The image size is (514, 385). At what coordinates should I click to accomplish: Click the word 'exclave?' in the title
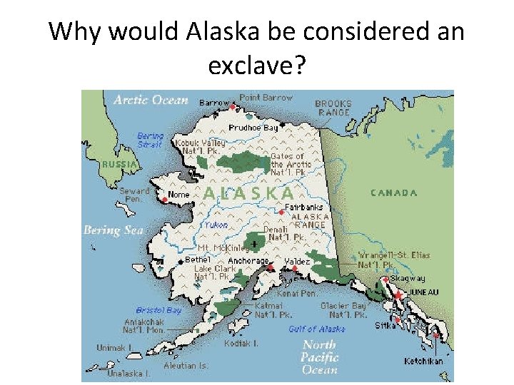click(256, 66)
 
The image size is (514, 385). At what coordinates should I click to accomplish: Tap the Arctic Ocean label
click(151, 101)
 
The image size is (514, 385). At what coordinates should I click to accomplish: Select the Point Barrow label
click(266, 98)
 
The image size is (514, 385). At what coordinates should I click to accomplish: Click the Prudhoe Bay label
click(253, 128)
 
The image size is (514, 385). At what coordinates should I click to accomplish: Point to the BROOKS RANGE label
click(333, 108)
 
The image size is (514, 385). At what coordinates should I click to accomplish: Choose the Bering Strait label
click(150, 140)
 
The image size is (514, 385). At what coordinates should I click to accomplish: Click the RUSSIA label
click(119, 164)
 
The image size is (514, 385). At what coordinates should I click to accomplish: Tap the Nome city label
click(178, 195)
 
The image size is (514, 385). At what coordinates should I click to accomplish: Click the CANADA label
click(393, 192)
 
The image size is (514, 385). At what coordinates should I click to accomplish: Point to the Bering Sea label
click(113, 230)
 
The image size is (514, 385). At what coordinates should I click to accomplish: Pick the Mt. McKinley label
click(224, 248)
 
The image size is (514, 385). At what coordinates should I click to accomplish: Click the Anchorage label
click(248, 261)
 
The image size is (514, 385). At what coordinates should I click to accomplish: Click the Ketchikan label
click(423, 361)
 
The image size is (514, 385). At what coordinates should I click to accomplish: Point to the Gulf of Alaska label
click(316, 329)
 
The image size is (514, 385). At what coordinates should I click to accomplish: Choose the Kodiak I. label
click(241, 343)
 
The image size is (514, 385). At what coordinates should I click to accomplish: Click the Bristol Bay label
click(158, 310)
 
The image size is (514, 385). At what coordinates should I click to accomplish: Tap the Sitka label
click(385, 326)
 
